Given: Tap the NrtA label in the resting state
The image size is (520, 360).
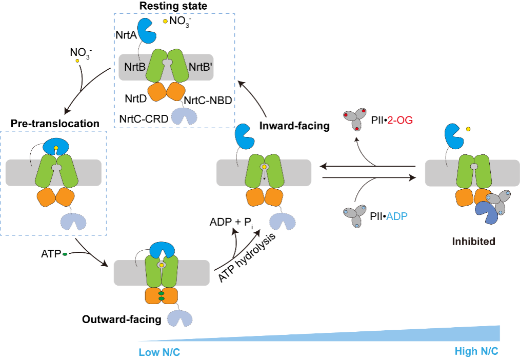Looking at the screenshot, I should point(126,35).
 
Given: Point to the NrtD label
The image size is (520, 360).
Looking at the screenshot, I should point(137,97).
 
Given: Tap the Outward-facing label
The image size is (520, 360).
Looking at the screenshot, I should point(122,319).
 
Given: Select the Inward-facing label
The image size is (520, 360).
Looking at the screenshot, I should point(294,125).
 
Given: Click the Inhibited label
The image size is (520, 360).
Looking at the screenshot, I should point(474,241).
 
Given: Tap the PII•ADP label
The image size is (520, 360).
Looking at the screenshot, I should point(391,216).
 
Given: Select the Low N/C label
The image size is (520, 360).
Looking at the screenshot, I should point(159,353).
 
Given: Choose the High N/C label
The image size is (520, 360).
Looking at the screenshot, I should point(476,351).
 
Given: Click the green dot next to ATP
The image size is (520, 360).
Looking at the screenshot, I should point(65,253).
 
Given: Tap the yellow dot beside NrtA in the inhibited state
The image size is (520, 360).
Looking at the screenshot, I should point(468,129).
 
